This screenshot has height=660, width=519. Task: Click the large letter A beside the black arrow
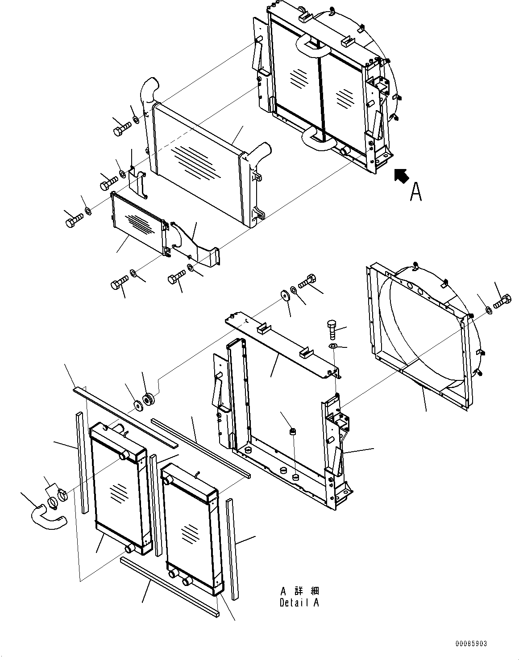pos(415,192)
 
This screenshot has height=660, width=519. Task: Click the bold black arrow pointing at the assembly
pos(401,176)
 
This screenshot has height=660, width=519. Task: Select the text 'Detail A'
pos(299,602)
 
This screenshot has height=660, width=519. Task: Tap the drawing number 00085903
pos(471,644)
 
